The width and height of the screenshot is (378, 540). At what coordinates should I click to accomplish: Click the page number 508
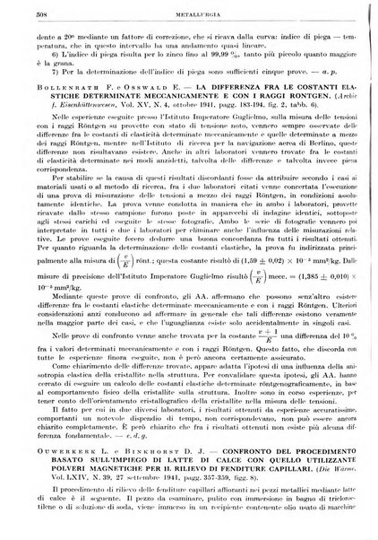pos(32,15)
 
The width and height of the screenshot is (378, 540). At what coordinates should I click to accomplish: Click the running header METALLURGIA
pos(188,15)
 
